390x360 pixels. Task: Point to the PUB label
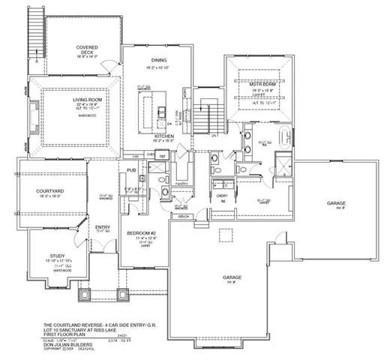(x=131, y=171)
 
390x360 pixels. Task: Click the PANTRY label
(x=180, y=182)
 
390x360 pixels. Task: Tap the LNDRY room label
(x=221, y=195)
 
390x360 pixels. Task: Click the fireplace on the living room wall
(x=33, y=113)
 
